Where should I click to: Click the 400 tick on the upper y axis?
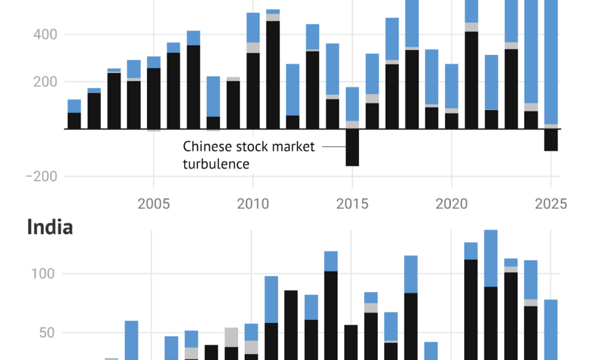(x=44, y=35)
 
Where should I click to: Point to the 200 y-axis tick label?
(x=44, y=82)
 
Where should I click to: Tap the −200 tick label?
(x=41, y=176)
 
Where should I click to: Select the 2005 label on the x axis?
(x=154, y=204)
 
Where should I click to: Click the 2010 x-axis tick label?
(x=253, y=204)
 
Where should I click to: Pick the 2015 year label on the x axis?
(x=352, y=204)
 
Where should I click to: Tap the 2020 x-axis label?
(x=452, y=204)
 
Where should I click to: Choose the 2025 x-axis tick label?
(x=551, y=204)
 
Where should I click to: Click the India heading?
(x=50, y=227)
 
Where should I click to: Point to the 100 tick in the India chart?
(x=44, y=274)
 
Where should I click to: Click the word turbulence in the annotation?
(x=216, y=163)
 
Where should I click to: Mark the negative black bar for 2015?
(x=352, y=148)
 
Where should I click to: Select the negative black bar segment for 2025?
(x=551, y=140)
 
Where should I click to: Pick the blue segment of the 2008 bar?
(x=213, y=96)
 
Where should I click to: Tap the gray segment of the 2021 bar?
(x=472, y=27)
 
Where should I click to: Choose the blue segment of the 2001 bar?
(x=74, y=106)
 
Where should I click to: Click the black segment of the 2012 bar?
(x=293, y=122)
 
